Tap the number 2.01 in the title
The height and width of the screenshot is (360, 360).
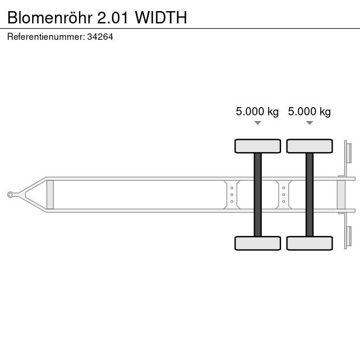pos(116,18)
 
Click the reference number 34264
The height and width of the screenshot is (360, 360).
pos(101,36)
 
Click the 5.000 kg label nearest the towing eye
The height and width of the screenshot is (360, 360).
pos(257,112)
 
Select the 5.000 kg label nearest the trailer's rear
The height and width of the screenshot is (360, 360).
pos(309,112)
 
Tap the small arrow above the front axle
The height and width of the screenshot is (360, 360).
pos(258,123)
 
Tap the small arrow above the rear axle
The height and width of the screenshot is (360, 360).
pos(309,123)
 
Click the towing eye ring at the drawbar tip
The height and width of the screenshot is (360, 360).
pos(11,194)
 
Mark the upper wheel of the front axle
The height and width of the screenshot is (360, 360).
pos(258,146)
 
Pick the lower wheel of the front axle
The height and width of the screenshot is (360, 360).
pos(258,243)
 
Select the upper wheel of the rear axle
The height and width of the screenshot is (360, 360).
pos(309,146)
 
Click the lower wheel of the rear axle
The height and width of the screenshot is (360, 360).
pos(309,243)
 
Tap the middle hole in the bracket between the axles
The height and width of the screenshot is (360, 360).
pos(284,194)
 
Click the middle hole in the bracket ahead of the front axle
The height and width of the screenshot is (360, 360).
pos(232,194)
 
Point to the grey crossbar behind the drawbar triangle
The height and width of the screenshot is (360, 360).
pos(50,194)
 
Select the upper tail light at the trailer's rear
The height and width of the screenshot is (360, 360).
pos(348,153)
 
